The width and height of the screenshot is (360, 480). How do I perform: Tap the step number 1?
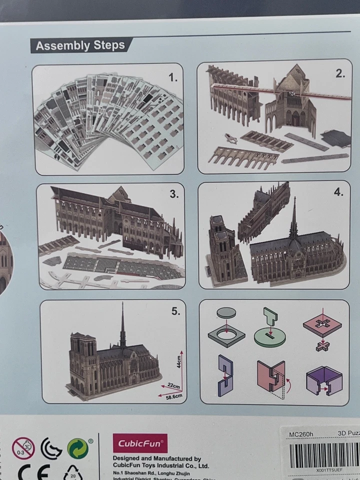click(173, 77)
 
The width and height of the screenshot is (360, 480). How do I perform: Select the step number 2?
click(340, 73)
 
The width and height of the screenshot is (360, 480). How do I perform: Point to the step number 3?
click(173, 194)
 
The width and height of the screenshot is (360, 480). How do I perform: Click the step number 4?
click(338, 192)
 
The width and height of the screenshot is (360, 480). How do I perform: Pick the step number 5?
click(175, 311)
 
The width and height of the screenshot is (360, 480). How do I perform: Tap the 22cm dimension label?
click(173, 386)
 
